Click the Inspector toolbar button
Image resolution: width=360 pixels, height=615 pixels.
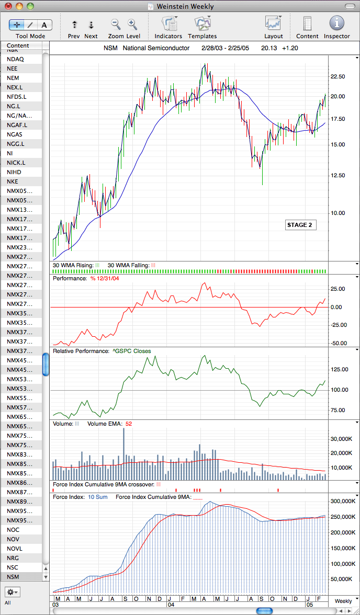336,23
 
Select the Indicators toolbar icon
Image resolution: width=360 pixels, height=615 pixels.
169,24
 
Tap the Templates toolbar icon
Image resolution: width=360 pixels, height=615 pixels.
203,24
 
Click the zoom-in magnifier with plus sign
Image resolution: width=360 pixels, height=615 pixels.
132,24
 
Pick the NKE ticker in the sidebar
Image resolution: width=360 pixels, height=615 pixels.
13,181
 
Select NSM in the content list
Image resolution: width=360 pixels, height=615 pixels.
13,577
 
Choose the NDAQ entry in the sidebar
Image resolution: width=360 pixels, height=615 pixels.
15,59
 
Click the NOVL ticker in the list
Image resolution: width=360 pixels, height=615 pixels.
15,549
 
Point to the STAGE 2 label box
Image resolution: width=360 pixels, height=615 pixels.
300,225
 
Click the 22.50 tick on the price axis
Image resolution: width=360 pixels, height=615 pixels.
337,76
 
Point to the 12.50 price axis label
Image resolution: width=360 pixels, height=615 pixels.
337,175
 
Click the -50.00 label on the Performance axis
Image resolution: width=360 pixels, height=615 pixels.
339,343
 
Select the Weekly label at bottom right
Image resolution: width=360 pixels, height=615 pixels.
343,601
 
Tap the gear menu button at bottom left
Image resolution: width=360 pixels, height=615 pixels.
13,591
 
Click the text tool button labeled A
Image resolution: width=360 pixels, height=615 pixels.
44,25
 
